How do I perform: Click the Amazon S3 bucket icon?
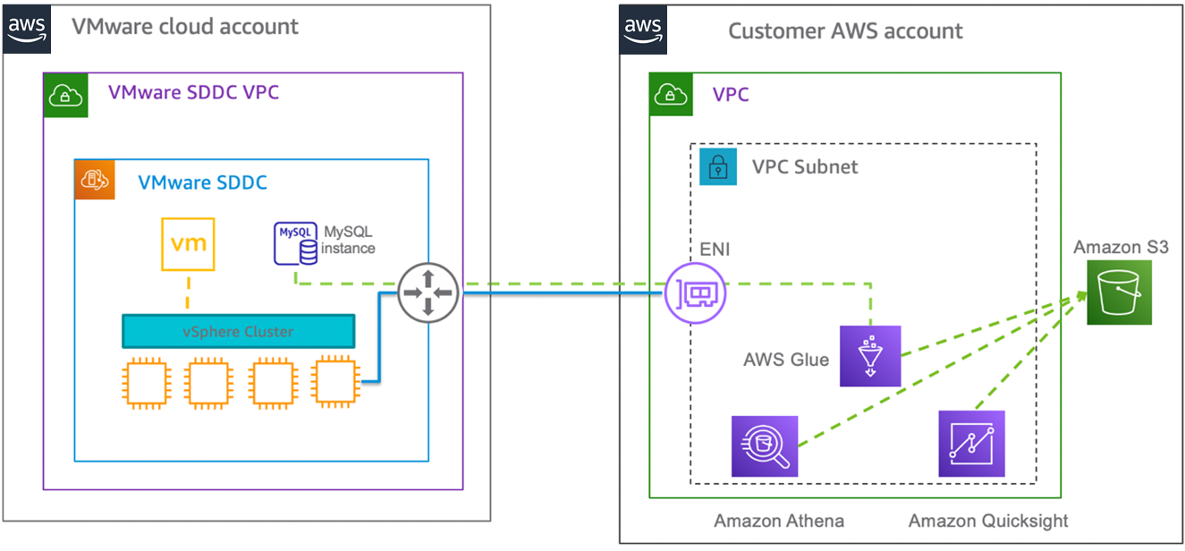click(1120, 292)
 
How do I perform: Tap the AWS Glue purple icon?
click(869, 356)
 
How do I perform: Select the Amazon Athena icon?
click(764, 445)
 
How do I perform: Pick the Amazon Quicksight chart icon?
click(971, 444)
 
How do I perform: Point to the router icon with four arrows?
click(427, 292)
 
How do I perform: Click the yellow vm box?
click(189, 243)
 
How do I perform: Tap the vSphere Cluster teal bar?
click(238, 332)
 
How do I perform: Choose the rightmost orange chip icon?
click(336, 382)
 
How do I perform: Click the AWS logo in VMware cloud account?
click(27, 29)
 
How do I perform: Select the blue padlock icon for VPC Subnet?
click(717, 166)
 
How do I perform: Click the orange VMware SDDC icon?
click(94, 180)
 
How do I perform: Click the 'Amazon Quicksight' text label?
click(988, 521)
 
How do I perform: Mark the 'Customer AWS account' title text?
click(845, 31)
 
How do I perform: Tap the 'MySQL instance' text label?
click(348, 241)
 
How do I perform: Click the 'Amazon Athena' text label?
click(778, 521)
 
